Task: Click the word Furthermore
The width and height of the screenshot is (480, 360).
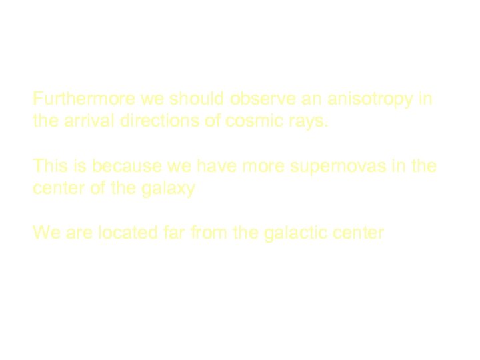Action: pos(85,99)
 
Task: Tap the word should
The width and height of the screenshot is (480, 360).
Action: pos(198,99)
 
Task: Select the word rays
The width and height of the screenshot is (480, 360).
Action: pos(311,123)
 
